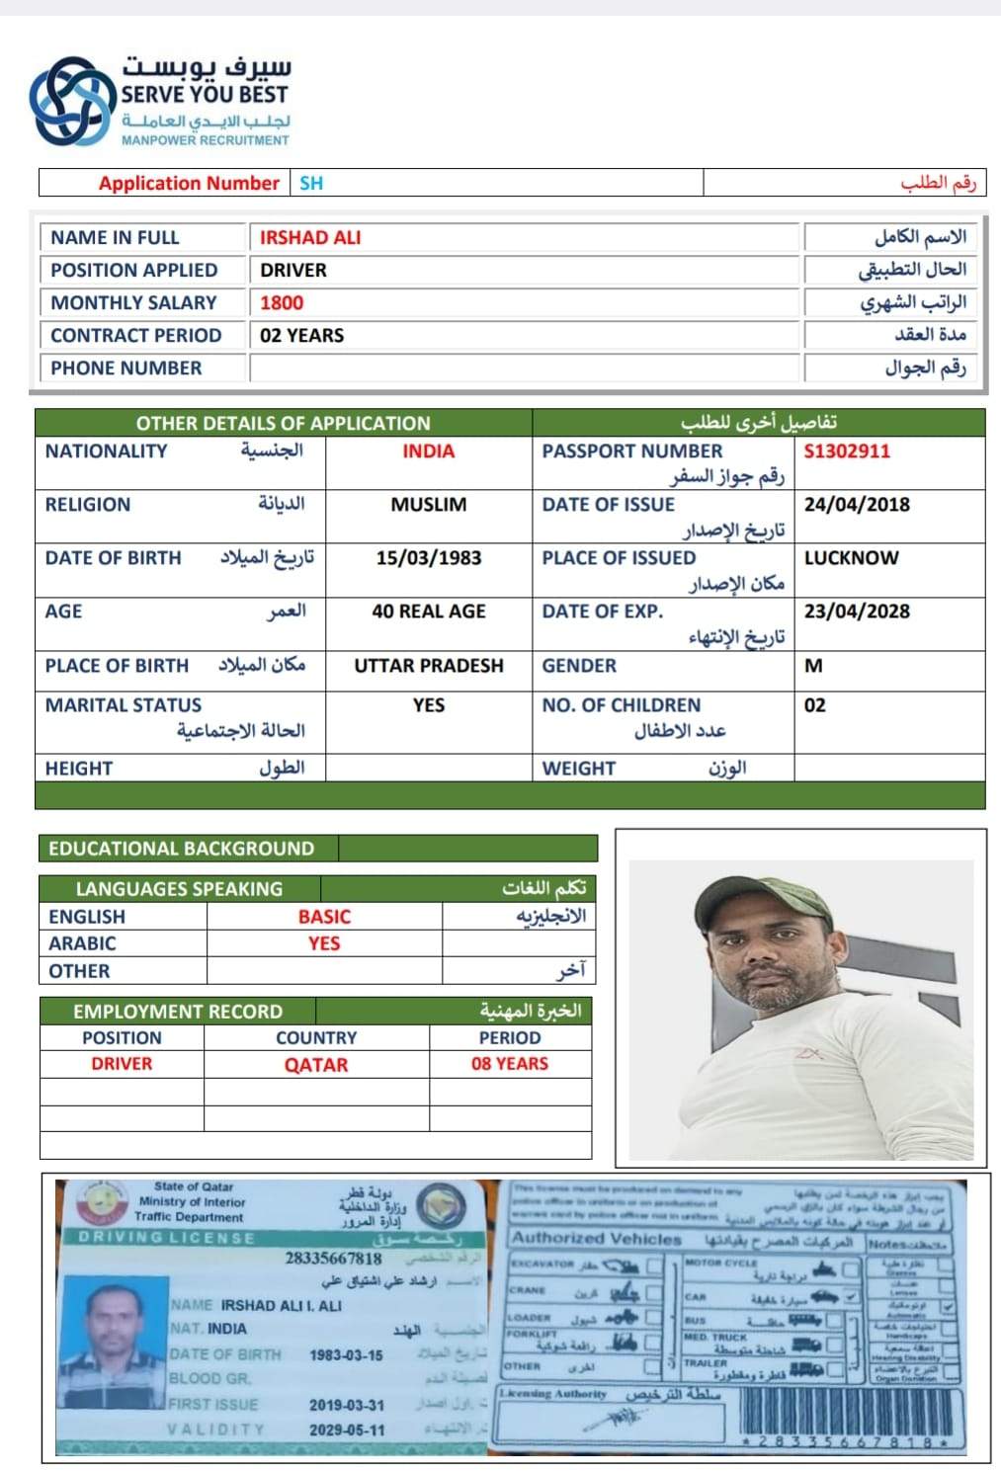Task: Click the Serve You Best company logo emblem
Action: click(70, 100)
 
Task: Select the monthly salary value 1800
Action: click(282, 303)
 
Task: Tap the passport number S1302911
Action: click(847, 451)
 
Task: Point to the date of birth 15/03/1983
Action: click(429, 558)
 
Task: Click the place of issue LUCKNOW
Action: click(851, 558)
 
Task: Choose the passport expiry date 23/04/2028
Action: click(857, 612)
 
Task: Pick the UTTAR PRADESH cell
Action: click(429, 666)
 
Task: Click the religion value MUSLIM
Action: click(429, 505)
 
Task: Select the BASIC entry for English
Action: click(324, 917)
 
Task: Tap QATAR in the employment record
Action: click(316, 1065)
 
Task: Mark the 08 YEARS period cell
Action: click(510, 1064)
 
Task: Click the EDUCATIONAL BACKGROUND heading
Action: click(182, 849)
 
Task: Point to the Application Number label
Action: click(189, 183)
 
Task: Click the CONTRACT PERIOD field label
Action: click(136, 336)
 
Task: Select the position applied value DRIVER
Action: click(293, 271)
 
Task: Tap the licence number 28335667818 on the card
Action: click(333, 1259)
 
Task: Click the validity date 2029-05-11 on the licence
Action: click(347, 1430)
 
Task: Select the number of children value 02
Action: click(815, 705)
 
